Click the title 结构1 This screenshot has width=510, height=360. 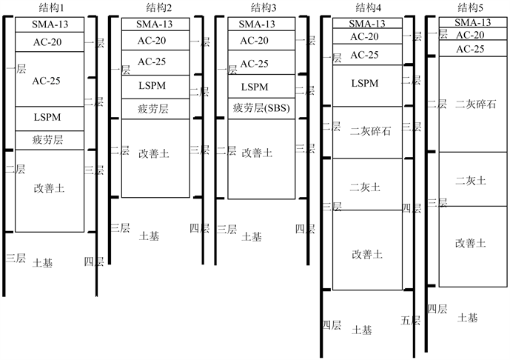pyautogui.click(x=49, y=7)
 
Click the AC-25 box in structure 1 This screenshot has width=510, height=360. pyautogui.click(x=47, y=79)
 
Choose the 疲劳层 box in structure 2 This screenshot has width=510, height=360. pyautogui.click(x=153, y=108)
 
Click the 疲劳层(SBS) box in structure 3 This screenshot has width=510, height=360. pyautogui.click(x=261, y=108)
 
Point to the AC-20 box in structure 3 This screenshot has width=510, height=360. pyautogui.click(x=261, y=40)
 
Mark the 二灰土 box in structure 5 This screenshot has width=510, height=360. pyautogui.click(x=472, y=179)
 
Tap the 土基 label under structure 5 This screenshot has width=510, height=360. pyautogui.click(x=469, y=317)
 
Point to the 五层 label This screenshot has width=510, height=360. pyautogui.click(x=411, y=321)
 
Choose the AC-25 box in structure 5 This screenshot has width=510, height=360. pyautogui.click(x=472, y=49)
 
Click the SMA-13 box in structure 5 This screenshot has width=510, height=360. pyautogui.click(x=472, y=22)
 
